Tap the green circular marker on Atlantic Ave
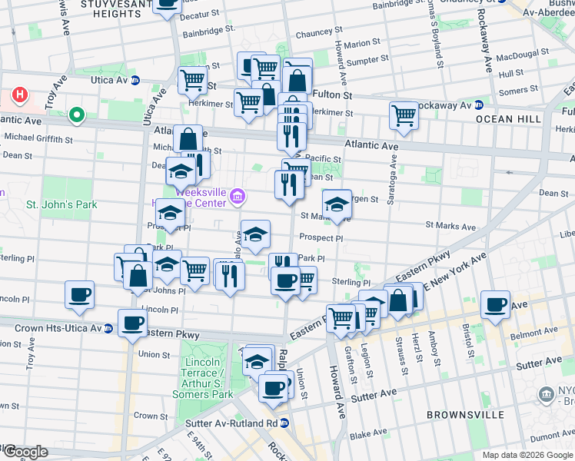click(76, 116)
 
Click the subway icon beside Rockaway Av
click(478, 105)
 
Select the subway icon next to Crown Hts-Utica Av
click(108, 329)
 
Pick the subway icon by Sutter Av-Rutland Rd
click(284, 423)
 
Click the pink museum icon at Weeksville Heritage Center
click(238, 198)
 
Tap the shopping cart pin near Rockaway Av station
click(404, 116)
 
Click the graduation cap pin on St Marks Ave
click(337, 204)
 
